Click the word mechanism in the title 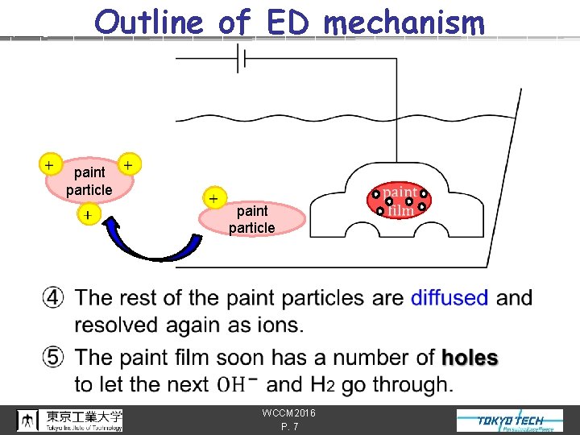(405, 23)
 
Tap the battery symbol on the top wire (240, 58)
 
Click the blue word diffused (449, 298)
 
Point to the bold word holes (470, 358)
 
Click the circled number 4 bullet (54, 298)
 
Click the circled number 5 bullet (54, 358)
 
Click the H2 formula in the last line (318, 385)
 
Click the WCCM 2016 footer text (289, 413)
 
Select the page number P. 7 (289, 427)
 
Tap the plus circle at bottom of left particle (86, 214)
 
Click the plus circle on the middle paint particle (213, 198)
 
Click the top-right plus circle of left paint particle (129, 164)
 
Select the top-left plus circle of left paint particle (50, 164)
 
